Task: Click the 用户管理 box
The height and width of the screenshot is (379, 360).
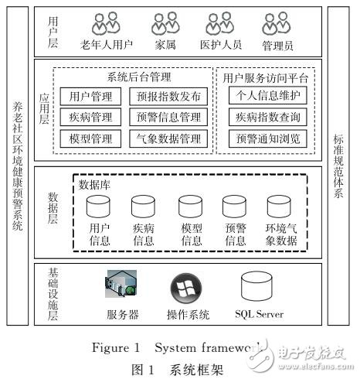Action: click(x=90, y=97)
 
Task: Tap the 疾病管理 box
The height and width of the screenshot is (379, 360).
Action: click(x=90, y=118)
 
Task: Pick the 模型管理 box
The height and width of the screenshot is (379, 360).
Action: click(x=90, y=138)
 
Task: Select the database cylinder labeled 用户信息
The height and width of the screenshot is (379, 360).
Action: click(x=99, y=207)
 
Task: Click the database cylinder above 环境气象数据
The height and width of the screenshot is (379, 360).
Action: click(x=280, y=207)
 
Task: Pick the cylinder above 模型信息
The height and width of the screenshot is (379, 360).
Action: click(x=190, y=207)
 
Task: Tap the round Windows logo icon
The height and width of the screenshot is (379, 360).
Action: click(x=186, y=288)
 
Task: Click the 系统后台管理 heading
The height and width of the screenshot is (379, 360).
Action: click(x=138, y=77)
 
